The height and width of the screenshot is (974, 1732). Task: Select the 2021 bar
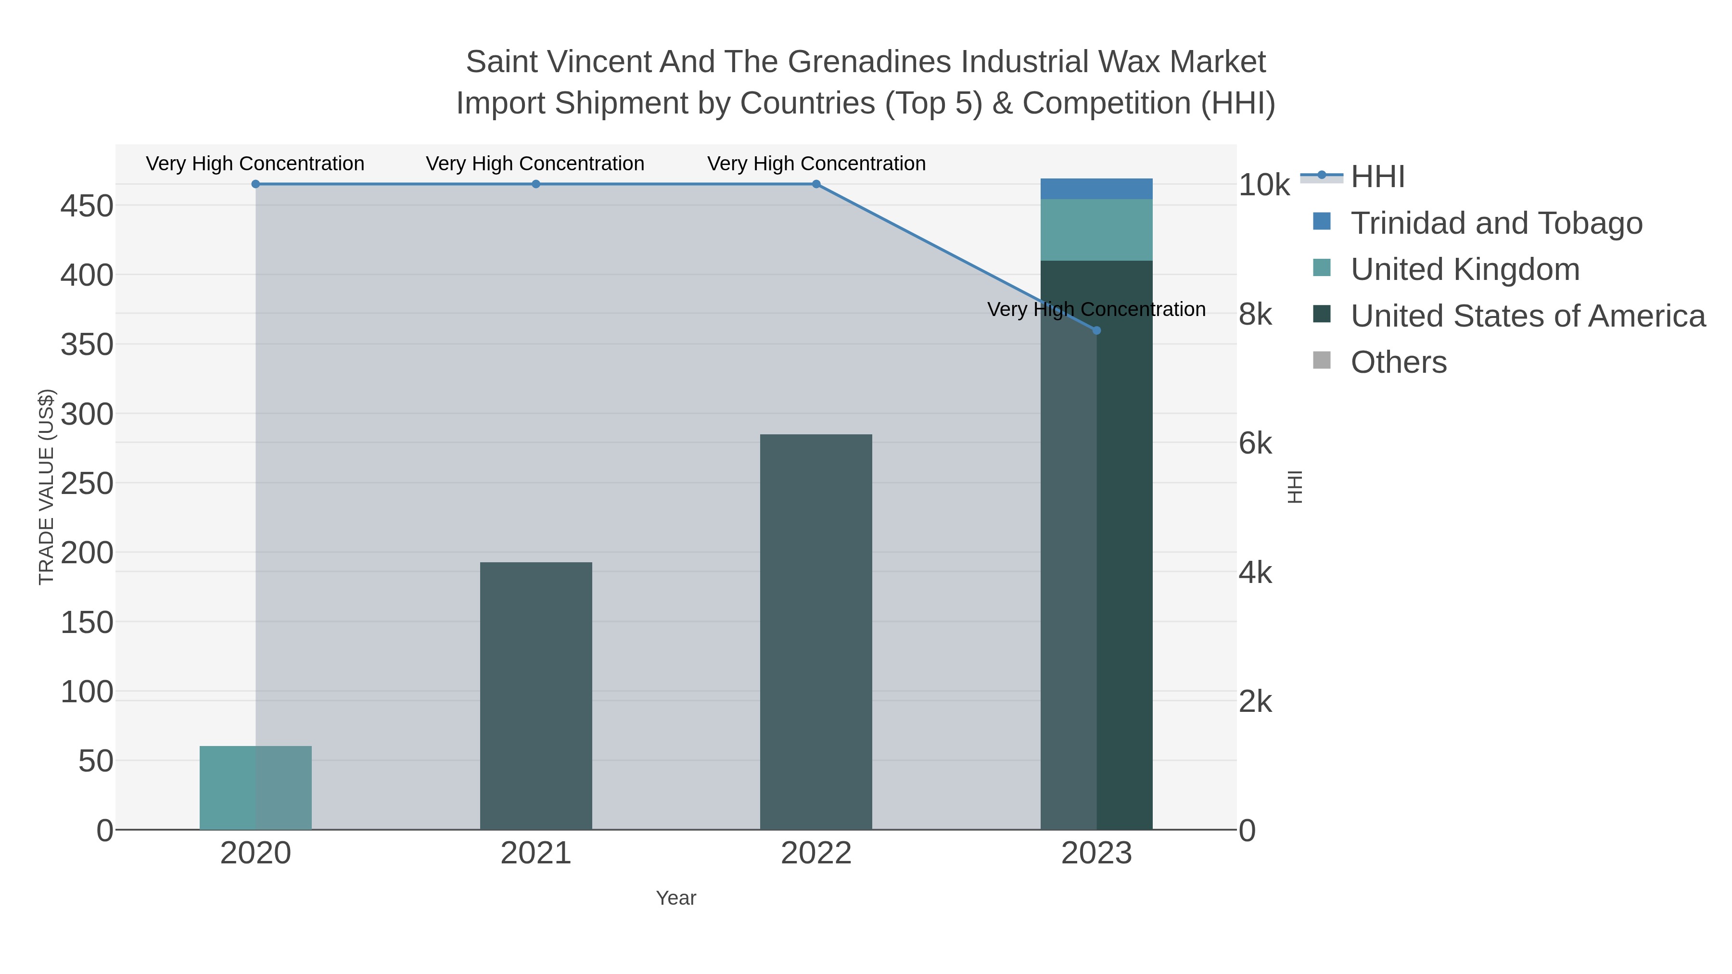pos(536,696)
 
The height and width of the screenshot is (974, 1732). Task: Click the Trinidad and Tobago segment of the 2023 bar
pos(1096,189)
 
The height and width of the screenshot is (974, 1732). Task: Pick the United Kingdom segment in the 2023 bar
pos(1096,230)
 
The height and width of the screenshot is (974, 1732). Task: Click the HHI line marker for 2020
pos(255,184)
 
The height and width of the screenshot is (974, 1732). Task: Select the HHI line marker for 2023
pos(1096,331)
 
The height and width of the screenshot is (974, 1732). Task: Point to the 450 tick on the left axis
pos(87,206)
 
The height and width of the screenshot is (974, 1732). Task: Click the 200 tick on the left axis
pos(87,553)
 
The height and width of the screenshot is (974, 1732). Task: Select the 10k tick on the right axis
pos(1264,186)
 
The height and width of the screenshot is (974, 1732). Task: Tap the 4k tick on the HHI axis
pos(1255,573)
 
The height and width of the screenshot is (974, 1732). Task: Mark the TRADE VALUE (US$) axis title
pos(46,487)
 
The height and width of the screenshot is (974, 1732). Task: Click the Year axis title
pos(676,898)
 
